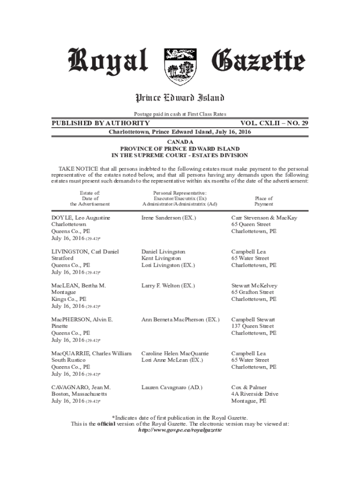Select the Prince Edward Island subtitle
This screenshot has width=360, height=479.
point(180,98)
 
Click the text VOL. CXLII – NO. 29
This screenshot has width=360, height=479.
point(274,123)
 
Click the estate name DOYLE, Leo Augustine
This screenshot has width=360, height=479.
point(81,218)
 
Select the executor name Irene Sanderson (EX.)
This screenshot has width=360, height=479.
point(169,218)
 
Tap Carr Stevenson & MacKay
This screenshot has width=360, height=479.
point(264,218)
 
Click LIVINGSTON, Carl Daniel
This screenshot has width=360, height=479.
point(85,252)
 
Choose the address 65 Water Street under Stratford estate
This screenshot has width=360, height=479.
point(250,258)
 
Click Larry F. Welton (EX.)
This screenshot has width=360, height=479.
point(168,285)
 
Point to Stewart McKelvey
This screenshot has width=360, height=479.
point(254,285)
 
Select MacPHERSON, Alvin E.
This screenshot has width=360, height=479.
point(82,319)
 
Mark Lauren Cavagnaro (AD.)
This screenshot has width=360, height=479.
point(172,387)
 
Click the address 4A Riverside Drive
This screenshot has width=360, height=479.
point(255,394)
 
